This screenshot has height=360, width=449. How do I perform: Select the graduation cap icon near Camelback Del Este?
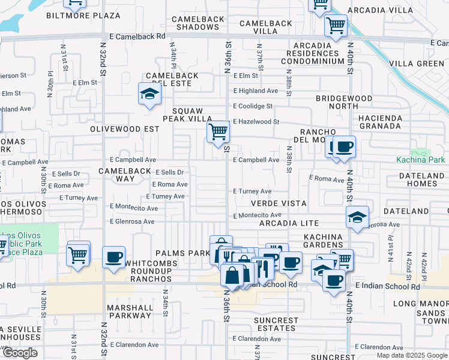click(x=149, y=94)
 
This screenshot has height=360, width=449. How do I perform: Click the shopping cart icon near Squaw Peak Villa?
click(x=218, y=131)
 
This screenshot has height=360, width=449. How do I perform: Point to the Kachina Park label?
click(x=420, y=160)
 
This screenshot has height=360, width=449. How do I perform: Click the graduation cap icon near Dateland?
click(x=357, y=217)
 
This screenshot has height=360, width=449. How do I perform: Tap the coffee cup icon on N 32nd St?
click(x=113, y=258)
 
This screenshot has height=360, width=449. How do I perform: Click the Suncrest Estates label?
click(x=276, y=324)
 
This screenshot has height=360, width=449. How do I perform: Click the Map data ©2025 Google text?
click(x=411, y=355)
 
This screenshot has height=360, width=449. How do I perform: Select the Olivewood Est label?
click(x=124, y=129)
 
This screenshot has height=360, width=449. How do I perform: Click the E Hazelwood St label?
click(x=256, y=122)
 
